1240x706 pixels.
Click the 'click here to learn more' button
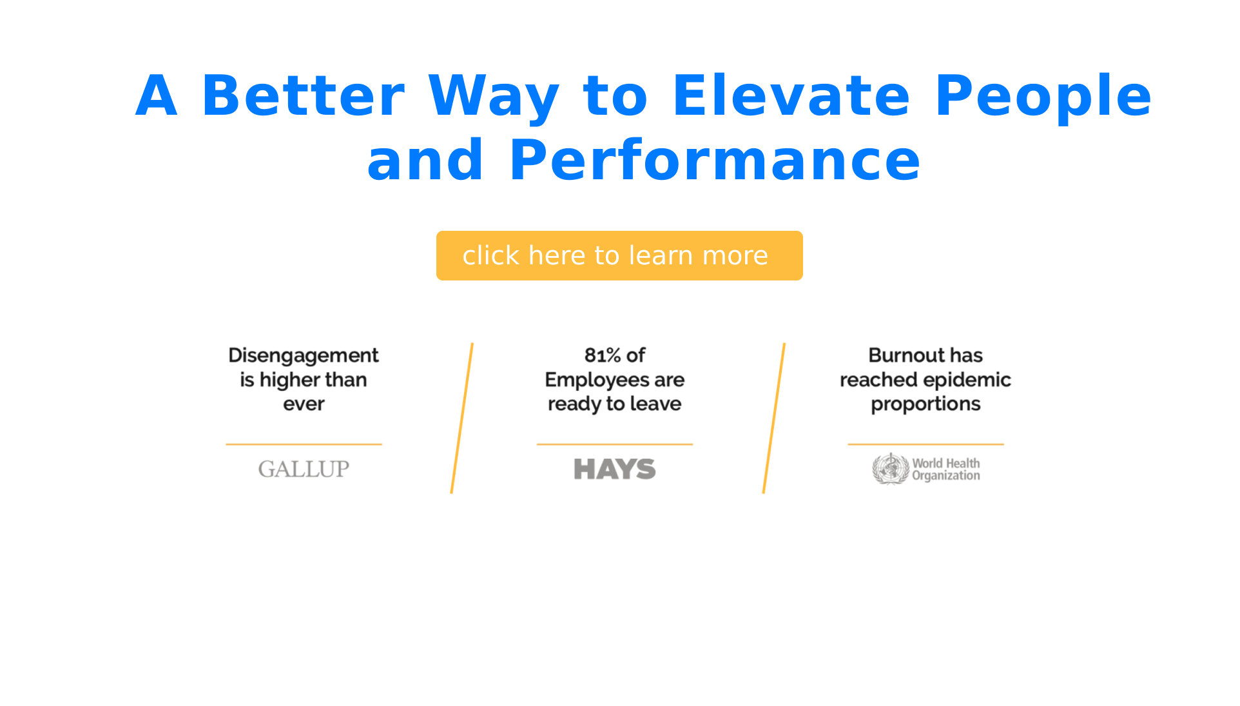point(619,255)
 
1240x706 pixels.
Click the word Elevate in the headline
point(791,96)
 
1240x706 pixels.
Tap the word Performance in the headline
point(715,161)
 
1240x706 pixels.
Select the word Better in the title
point(303,96)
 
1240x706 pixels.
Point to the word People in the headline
point(1043,99)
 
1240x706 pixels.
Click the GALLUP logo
point(304,469)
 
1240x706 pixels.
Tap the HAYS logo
point(615,469)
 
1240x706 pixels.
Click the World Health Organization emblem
point(891,469)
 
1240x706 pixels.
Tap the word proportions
point(925,405)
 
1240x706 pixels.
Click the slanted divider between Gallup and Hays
point(462,418)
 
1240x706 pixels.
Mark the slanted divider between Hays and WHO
point(774,418)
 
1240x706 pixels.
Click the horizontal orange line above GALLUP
point(304,444)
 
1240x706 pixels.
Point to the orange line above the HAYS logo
point(615,444)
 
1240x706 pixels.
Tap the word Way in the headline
point(494,99)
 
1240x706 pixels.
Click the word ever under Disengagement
point(304,405)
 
